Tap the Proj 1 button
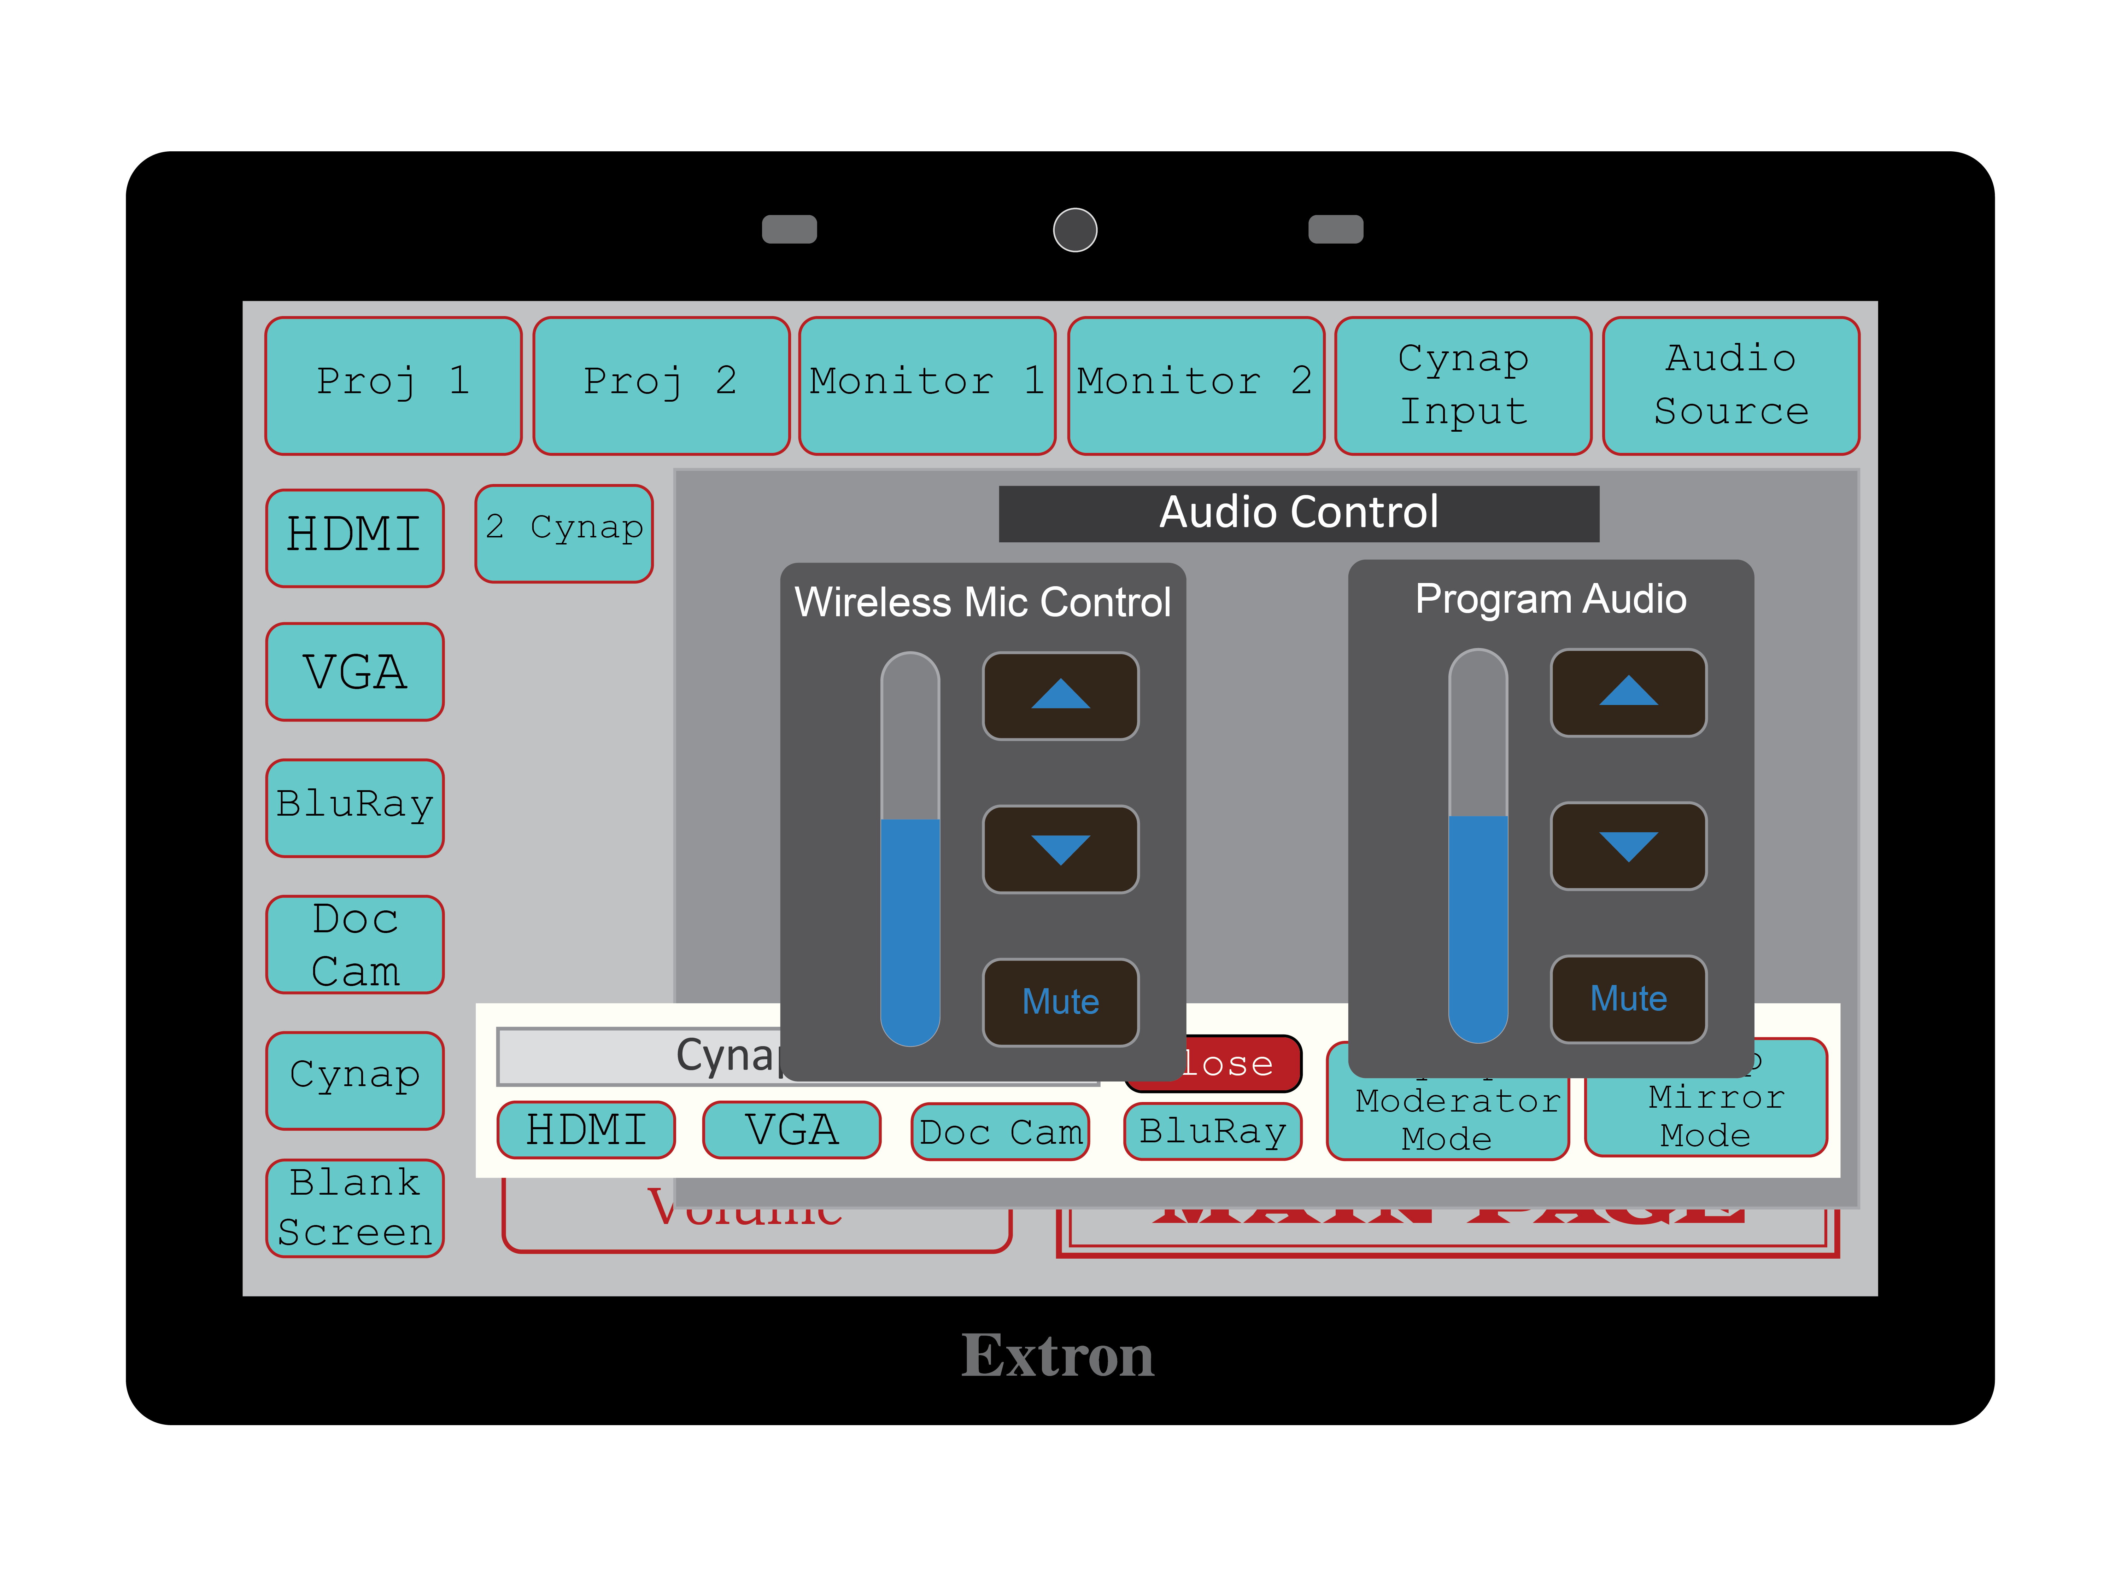[393, 385]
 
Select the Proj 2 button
[661, 385]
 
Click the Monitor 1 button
[927, 385]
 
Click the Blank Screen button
[355, 1208]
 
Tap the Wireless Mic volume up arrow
[1060, 695]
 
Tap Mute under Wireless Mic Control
[1060, 1001]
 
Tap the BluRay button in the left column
[355, 807]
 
